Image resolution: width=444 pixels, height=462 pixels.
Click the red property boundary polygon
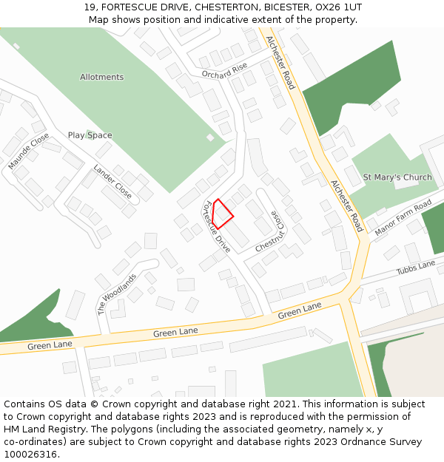(x=222, y=214)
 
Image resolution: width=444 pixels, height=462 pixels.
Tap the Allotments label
(x=102, y=77)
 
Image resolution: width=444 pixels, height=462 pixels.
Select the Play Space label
(x=90, y=135)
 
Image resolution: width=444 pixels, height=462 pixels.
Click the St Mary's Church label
(x=397, y=177)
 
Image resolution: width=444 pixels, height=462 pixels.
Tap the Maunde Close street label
(x=29, y=152)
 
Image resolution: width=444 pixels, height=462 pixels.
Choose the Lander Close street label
(x=112, y=182)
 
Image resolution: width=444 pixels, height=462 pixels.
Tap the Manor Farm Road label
(x=403, y=219)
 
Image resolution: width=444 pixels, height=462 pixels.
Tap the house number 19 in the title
(x=90, y=7)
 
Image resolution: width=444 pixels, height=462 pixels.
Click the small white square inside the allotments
(x=210, y=137)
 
